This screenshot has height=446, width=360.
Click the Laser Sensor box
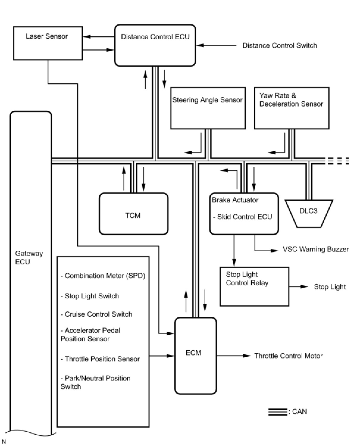[x=48, y=43]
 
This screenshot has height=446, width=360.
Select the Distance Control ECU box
[x=155, y=45]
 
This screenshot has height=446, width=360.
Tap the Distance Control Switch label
[x=279, y=46]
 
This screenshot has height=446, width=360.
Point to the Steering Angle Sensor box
[x=208, y=108]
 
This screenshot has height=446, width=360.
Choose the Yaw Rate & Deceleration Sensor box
[x=292, y=108]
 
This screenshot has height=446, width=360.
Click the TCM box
[x=133, y=214]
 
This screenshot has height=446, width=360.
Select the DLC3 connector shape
[x=309, y=213]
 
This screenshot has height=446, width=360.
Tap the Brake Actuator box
[x=244, y=213]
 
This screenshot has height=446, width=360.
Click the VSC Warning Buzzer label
[x=315, y=249]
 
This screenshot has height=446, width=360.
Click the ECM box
[x=195, y=356]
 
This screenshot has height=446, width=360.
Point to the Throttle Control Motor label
[x=288, y=356]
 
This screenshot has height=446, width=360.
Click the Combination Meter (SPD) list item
[x=103, y=276]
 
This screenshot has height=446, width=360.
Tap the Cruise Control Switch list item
[x=96, y=314]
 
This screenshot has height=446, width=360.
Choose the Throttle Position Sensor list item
[x=100, y=359]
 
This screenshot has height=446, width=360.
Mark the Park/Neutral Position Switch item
[x=96, y=382]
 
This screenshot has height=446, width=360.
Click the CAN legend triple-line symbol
[x=277, y=412]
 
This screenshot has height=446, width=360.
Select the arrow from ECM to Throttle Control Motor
[x=234, y=356]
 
